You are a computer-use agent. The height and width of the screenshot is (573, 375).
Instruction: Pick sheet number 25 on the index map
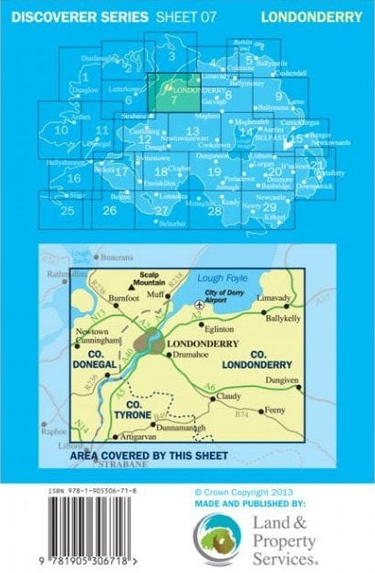coord(67,210)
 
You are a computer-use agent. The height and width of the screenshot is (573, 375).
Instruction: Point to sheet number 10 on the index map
coord(61,130)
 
